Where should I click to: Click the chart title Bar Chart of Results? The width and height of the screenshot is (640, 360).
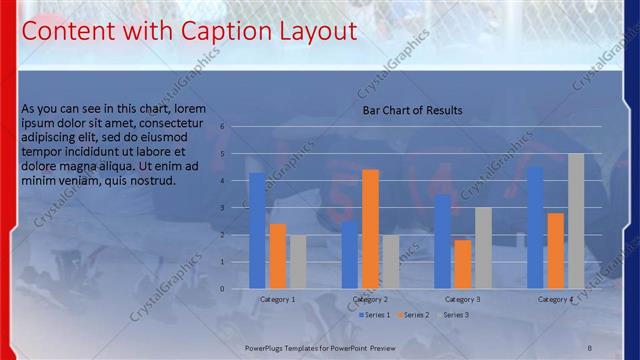click(x=412, y=111)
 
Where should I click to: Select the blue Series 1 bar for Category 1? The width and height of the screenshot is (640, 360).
click(x=257, y=230)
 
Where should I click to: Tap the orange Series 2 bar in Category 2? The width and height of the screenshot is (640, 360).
click(x=370, y=228)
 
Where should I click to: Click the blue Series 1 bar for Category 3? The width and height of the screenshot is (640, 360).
click(x=442, y=241)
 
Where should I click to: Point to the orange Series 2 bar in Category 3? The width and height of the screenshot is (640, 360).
click(x=462, y=264)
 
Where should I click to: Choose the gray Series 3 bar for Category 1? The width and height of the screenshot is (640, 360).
click(x=298, y=261)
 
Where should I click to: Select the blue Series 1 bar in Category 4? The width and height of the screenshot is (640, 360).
click(x=535, y=227)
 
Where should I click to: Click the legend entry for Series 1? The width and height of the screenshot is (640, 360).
click(x=374, y=315)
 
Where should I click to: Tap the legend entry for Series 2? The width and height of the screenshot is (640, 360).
click(x=413, y=315)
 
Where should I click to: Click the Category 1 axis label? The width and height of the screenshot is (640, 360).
click(x=277, y=299)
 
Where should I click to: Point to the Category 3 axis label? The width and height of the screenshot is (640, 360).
click(x=462, y=299)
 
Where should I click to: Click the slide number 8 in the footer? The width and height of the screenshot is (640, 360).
click(x=589, y=347)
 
